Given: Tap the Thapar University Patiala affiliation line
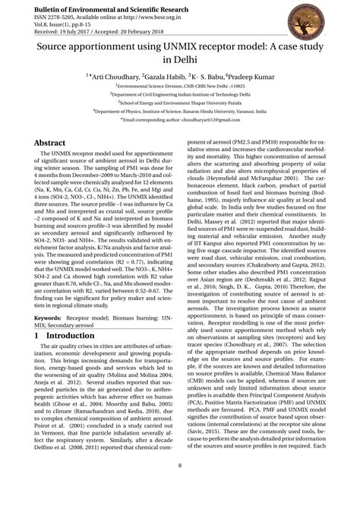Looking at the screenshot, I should tap(180, 122).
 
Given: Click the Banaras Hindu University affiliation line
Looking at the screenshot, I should tap(180, 132).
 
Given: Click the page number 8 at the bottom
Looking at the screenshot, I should tap(180, 487).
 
